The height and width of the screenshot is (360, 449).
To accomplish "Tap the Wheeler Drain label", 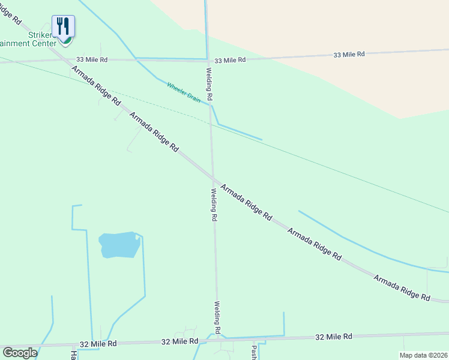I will click(183, 92).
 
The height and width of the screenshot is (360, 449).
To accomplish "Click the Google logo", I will click(19, 352).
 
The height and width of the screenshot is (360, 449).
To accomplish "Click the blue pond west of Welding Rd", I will click(119, 245).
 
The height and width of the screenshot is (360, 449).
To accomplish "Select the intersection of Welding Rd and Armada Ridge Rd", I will click(212, 178).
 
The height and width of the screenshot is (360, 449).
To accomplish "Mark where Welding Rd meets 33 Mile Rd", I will click(208, 60).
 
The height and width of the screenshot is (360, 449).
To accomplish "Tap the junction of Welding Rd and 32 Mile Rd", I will click(218, 339).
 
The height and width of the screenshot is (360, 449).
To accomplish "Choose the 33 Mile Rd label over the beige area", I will click(349, 55).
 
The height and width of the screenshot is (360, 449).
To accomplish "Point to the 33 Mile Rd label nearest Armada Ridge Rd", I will click(92, 60).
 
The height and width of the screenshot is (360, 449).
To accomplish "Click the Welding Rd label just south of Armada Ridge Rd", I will click(213, 205).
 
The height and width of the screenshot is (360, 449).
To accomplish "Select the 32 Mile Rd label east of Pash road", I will click(334, 337).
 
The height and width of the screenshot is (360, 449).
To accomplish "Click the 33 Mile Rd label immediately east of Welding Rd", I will click(230, 60).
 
